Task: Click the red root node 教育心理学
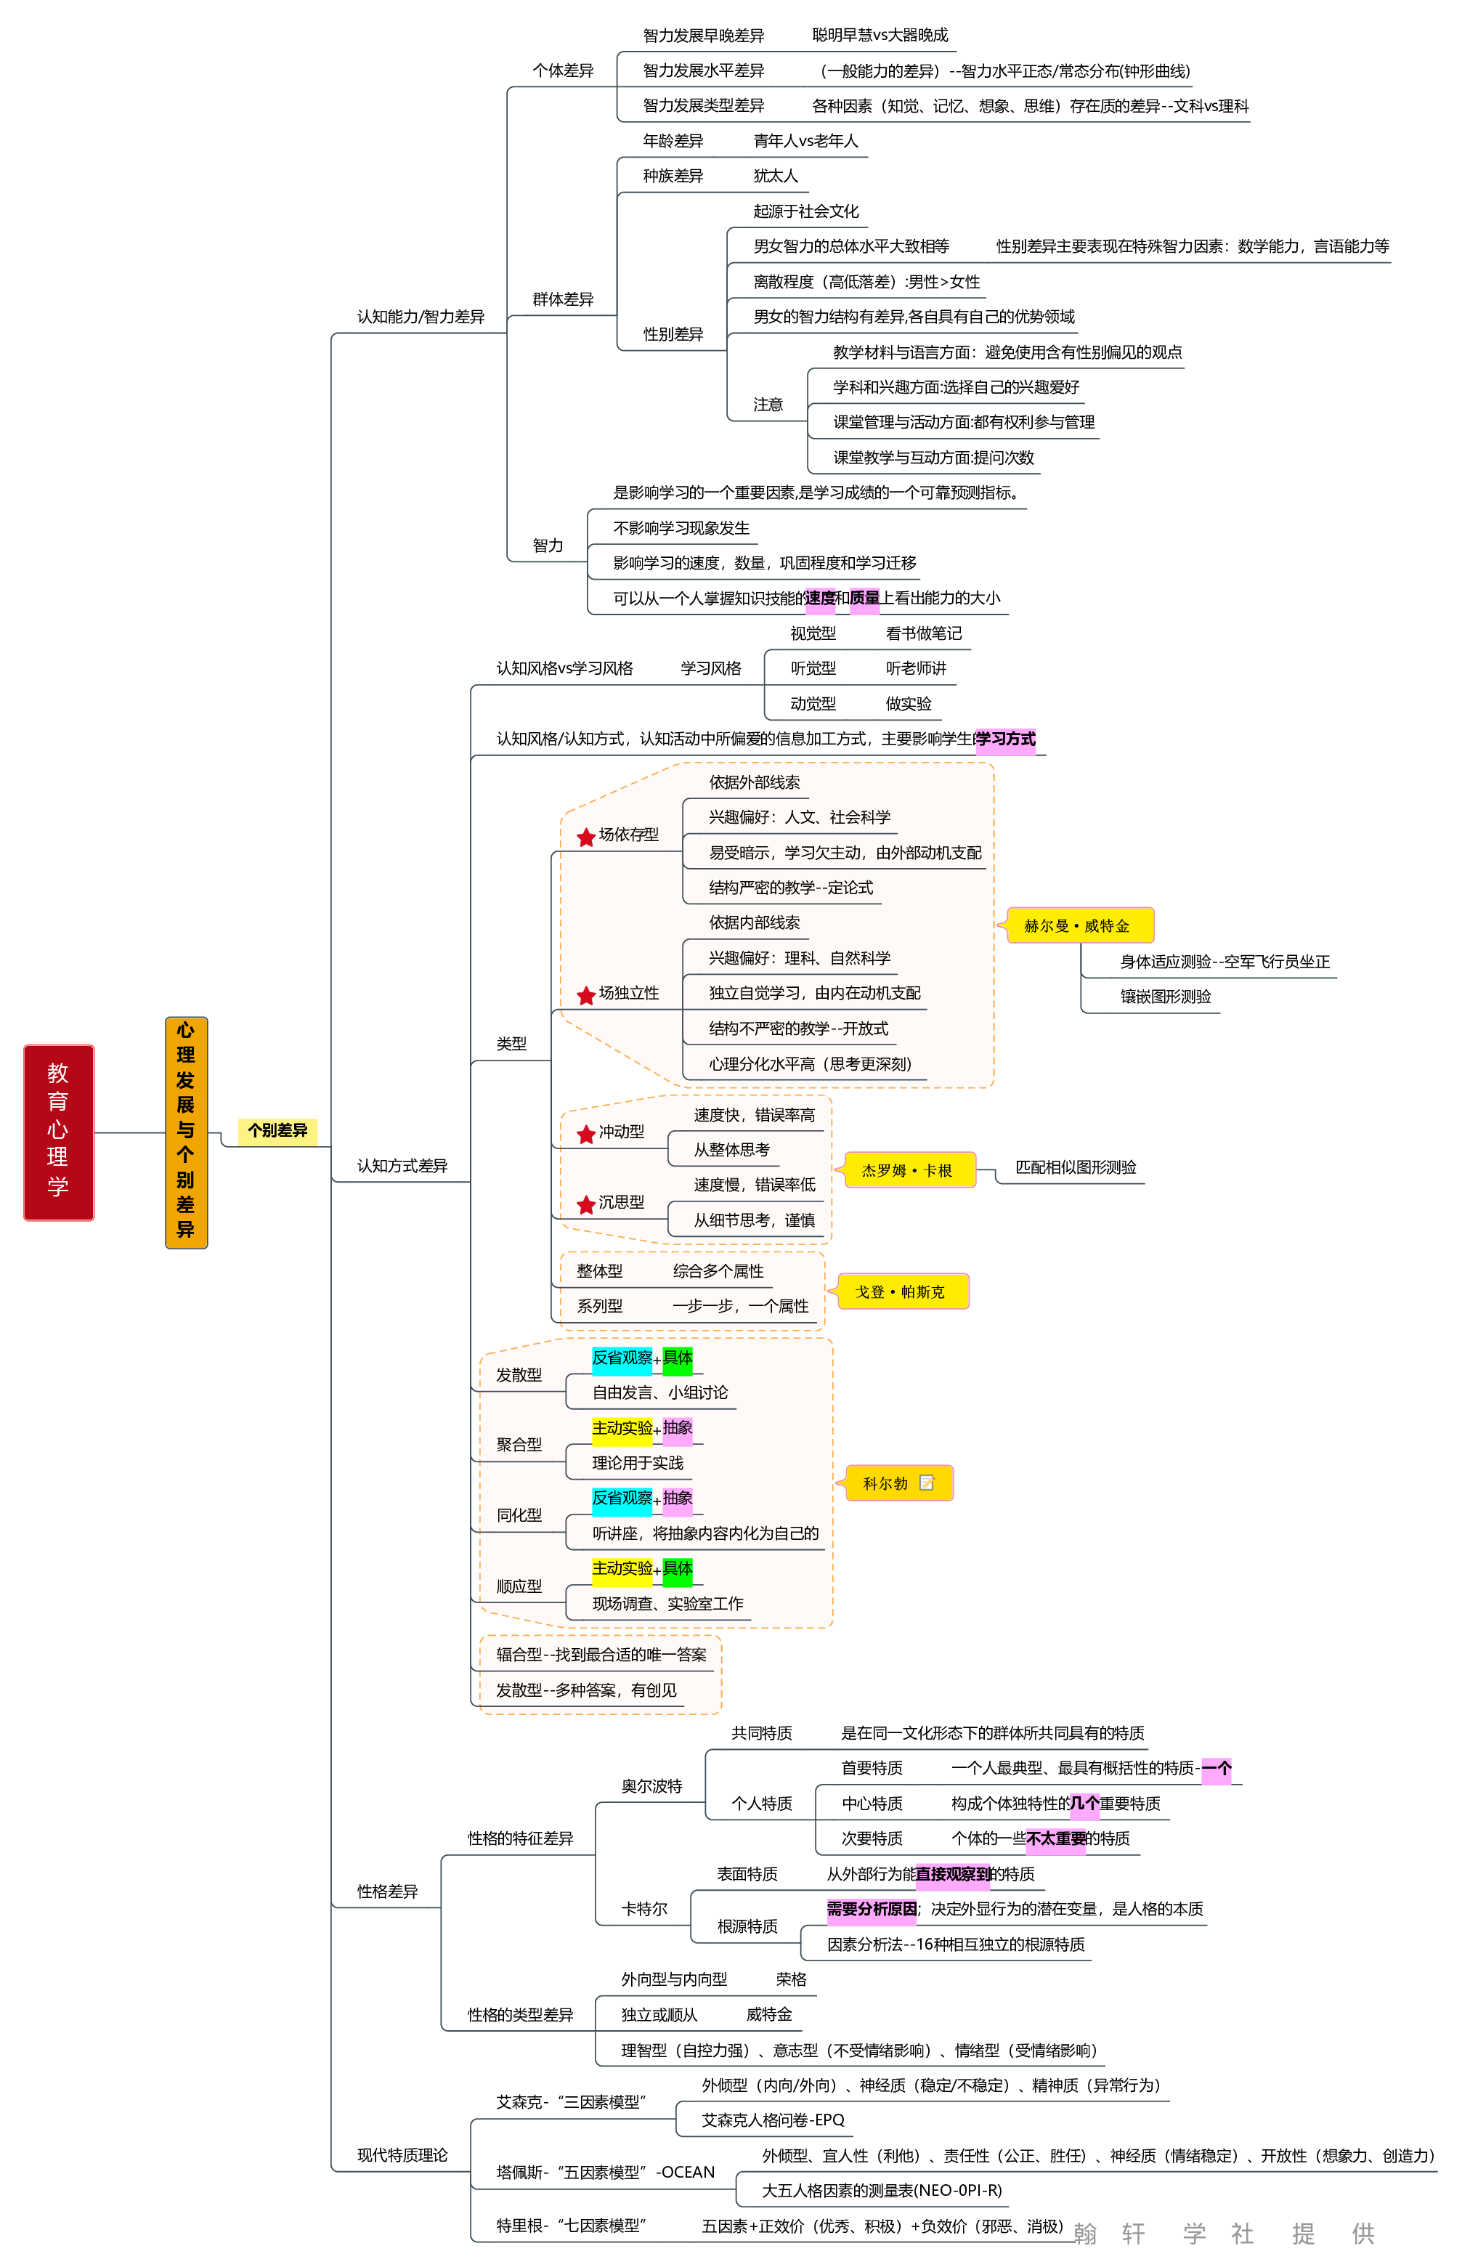58,1132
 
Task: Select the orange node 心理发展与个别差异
186,1132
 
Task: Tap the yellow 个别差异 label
277,1131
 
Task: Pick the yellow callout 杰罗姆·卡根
909,1170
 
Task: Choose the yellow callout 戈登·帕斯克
900,1292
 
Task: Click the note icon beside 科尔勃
927,1483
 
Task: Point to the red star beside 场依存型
586,836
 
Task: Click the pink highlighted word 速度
820,598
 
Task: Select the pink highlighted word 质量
864,598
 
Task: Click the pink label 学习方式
1005,739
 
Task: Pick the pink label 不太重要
1055,1839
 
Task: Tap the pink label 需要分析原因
872,1909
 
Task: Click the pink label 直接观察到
952,1874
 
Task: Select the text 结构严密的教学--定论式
791,888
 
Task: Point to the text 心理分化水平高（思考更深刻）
810,1064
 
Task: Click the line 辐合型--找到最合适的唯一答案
601,1655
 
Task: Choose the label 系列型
599,1306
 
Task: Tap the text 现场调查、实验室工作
667,1603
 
